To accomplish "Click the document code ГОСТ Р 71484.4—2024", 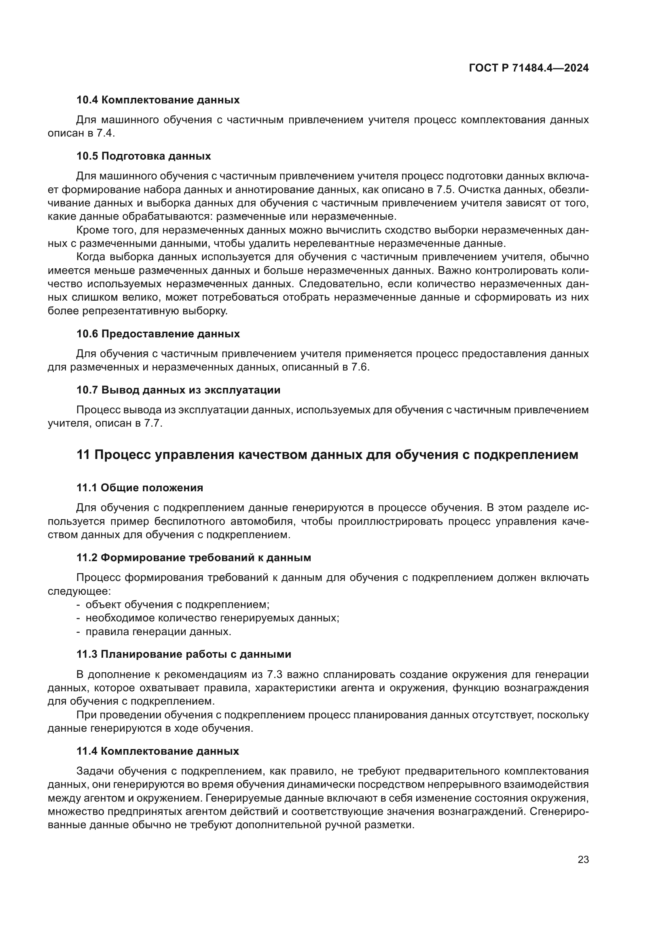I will pyautogui.click(x=529, y=68).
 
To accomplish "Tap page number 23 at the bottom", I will pyautogui.click(x=583, y=859).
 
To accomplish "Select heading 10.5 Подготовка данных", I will pyautogui.click(x=143, y=156).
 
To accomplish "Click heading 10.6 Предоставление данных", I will pyautogui.click(x=158, y=334).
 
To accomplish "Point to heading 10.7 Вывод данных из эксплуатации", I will pyautogui.click(x=178, y=390).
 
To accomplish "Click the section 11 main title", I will pyautogui.click(x=327, y=455).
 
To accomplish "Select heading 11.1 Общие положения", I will pyautogui.click(x=140, y=488).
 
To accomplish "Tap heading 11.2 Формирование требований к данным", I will pyautogui.click(x=194, y=558).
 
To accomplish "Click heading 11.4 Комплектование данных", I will pyautogui.click(x=157, y=751).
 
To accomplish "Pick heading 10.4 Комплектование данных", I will pyautogui.click(x=158, y=100).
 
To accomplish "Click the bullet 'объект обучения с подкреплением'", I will pyautogui.click(x=177, y=605).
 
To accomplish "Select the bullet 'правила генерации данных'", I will pyautogui.click(x=158, y=631).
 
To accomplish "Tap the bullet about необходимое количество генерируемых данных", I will pyautogui.click(x=212, y=618).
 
